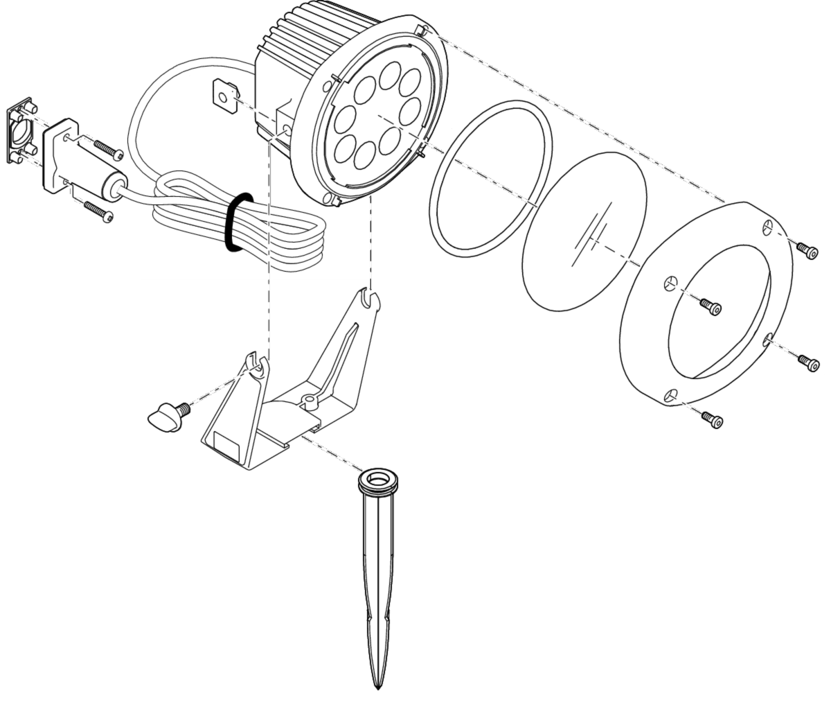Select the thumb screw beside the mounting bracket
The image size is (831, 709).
pyautogui.click(x=165, y=415)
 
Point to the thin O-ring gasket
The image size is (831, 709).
pyautogui.click(x=491, y=178)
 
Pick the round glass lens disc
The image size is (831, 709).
pyautogui.click(x=585, y=228)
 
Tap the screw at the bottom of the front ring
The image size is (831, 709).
pyautogui.click(x=712, y=419)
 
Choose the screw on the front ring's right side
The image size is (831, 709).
pyautogui.click(x=807, y=360)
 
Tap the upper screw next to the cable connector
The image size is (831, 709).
pyautogui.click(x=107, y=149)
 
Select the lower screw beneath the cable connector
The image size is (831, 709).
pyautogui.click(x=100, y=210)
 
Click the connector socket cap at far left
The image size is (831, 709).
pyautogui.click(x=21, y=131)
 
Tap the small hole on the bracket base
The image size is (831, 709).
pyautogui.click(x=307, y=399)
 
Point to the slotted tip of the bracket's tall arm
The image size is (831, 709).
pyautogui.click(x=370, y=297)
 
